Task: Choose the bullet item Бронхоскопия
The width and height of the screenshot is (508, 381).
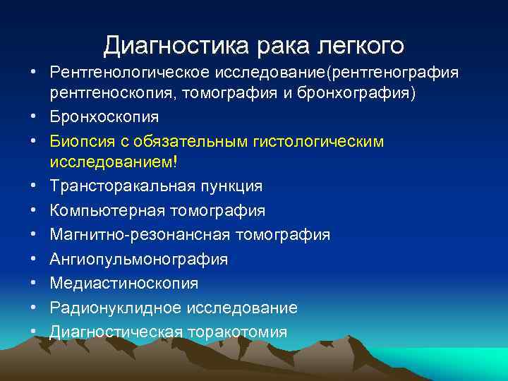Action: point(104,117)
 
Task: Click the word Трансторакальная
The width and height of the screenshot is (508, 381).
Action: point(119,186)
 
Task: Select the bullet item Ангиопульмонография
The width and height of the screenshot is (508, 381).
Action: point(138,259)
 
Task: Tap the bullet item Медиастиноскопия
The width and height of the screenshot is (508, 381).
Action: point(123,283)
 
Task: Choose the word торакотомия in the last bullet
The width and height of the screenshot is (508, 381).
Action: point(236,332)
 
